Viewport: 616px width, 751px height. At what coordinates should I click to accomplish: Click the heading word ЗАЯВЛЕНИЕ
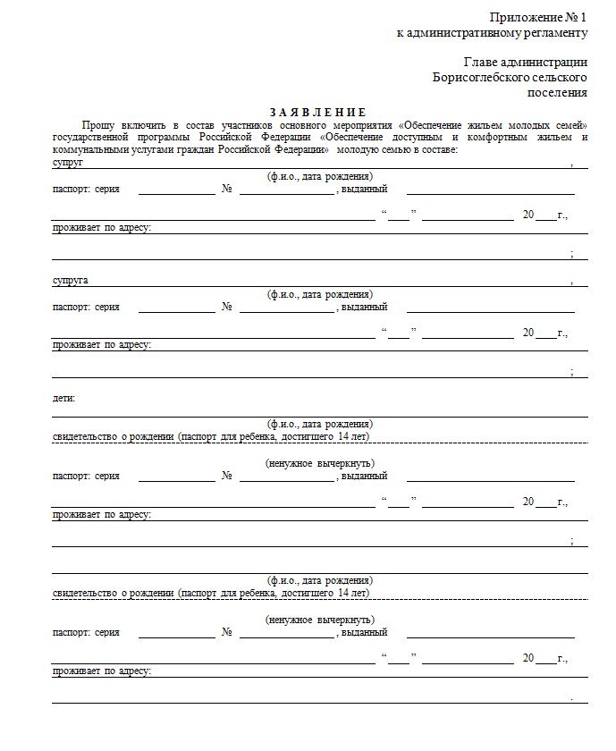pyautogui.click(x=318, y=112)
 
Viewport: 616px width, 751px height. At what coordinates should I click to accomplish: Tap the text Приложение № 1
pyautogui.click(x=538, y=18)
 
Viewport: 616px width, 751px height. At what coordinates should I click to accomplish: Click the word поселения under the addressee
pyautogui.click(x=558, y=92)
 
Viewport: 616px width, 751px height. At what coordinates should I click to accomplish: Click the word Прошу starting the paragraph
pyautogui.click(x=97, y=125)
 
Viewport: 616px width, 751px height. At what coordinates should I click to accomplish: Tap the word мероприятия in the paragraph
pyautogui.click(x=363, y=125)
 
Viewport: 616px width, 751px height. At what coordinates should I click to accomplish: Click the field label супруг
pyautogui.click(x=67, y=164)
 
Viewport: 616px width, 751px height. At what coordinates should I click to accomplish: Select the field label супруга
pyautogui.click(x=70, y=281)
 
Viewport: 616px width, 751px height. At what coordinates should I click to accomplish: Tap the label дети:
pyautogui.click(x=63, y=398)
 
